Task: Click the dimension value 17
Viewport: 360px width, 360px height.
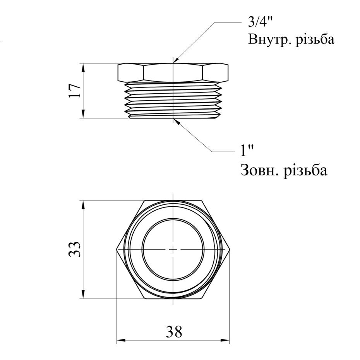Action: click(x=75, y=91)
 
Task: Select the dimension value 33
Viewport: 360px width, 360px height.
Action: click(x=75, y=249)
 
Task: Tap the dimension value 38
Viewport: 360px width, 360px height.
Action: click(x=174, y=332)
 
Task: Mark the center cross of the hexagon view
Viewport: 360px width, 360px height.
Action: click(x=173, y=249)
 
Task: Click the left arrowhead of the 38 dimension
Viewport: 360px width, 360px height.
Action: click(x=120, y=341)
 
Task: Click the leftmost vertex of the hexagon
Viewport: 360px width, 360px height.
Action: click(x=117, y=249)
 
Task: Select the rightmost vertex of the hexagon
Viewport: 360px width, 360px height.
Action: click(x=230, y=249)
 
